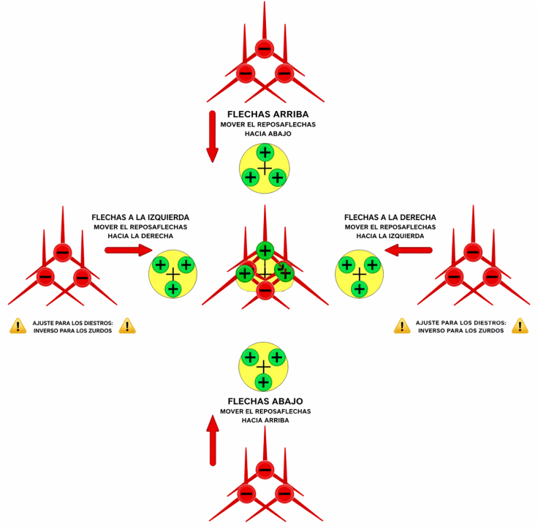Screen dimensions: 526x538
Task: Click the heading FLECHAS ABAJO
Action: [x=265, y=401]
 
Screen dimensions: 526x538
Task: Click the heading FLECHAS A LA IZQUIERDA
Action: [x=140, y=217]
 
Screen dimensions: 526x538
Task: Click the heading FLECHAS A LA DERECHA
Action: [x=390, y=217]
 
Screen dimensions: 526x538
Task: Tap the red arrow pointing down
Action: [x=212, y=137]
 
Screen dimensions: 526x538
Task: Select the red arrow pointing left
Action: [x=406, y=250]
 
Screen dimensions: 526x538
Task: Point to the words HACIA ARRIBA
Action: [x=265, y=420]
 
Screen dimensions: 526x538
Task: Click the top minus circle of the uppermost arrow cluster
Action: [x=265, y=50]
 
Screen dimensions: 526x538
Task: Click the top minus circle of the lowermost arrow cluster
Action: [x=265, y=469]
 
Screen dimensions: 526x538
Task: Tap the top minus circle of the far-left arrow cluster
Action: [x=63, y=254]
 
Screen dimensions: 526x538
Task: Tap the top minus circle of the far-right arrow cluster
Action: [x=473, y=254]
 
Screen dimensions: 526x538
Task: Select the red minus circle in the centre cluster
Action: [x=265, y=290]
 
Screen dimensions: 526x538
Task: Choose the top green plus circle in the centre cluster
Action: [x=265, y=249]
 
